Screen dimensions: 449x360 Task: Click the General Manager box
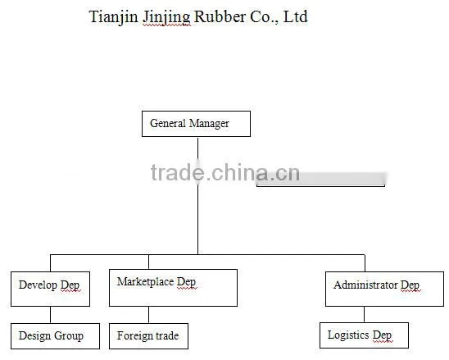196,124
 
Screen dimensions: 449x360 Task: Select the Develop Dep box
51,289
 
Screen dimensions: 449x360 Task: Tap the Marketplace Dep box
173,288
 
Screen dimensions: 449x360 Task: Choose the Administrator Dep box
384,289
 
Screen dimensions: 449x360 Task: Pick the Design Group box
55,336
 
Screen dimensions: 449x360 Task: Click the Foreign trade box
148,336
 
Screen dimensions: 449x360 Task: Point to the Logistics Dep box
364,335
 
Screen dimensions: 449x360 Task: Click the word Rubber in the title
220,16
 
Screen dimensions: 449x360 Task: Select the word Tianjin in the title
113,17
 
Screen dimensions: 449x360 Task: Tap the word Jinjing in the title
166,18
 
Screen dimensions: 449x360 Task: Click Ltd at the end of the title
295,16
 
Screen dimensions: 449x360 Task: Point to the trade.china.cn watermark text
225,173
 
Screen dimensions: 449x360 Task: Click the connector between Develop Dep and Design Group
51,315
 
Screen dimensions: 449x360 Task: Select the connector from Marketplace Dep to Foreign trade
148,315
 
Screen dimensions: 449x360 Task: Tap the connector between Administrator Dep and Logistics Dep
365,314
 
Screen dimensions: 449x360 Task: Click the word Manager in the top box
209,124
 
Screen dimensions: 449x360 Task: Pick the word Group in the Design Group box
69,336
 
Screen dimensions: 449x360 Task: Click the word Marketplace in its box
145,282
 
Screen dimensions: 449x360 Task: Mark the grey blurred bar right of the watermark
320,179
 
